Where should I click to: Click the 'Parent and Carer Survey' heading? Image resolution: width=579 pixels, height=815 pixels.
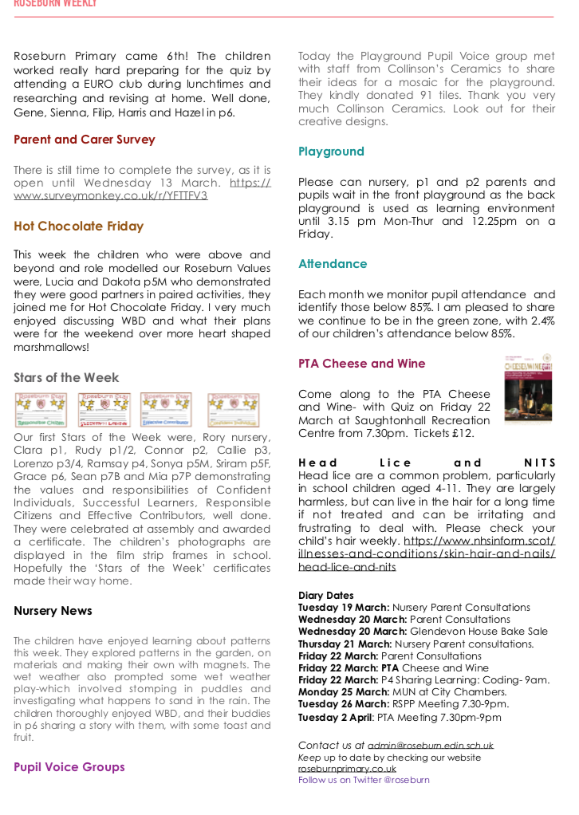tap(84, 140)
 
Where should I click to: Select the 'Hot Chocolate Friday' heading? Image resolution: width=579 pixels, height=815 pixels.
tap(78, 226)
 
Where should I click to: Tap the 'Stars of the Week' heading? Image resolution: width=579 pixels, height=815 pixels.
tap(66, 378)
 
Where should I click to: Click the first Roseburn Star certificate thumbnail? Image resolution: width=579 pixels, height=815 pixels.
tap(41, 410)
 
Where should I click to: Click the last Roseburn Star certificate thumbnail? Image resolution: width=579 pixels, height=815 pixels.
tap(233, 410)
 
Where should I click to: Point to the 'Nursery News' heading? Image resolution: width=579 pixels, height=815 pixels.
tap(53, 611)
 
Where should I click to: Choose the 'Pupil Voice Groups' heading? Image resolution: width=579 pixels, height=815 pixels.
tap(69, 767)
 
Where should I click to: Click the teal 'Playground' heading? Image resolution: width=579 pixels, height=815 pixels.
tap(331, 152)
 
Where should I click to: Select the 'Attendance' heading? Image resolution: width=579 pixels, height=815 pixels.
tap(333, 264)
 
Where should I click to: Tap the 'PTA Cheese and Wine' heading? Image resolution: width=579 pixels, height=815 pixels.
tap(362, 364)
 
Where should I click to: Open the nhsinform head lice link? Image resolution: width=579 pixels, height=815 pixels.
tap(427, 554)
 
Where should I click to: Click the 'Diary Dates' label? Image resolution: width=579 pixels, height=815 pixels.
tap(325, 596)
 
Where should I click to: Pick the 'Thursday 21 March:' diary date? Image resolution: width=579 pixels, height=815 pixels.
tap(345, 644)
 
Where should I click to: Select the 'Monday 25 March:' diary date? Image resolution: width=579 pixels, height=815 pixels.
tap(343, 692)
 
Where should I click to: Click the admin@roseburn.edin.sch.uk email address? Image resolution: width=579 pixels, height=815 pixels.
tap(431, 746)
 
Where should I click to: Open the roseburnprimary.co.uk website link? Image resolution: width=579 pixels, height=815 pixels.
tap(347, 769)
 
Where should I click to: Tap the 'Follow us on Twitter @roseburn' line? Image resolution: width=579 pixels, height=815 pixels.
tap(364, 780)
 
